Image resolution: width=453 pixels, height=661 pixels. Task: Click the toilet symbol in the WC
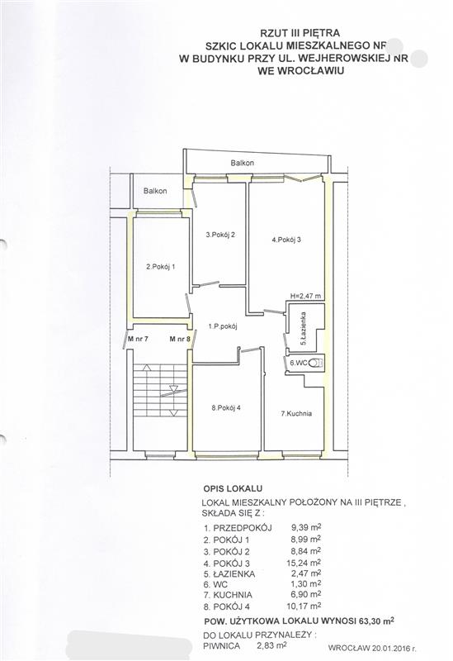tap(316, 363)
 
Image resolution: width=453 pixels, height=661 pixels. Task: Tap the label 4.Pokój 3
tap(286, 240)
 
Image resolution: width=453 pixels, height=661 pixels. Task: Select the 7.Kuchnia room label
tap(296, 414)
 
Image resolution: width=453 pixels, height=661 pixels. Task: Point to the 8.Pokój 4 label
tap(226, 407)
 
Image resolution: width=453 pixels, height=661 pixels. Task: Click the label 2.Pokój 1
tap(160, 266)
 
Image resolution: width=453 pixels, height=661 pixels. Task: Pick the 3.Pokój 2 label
tap(220, 235)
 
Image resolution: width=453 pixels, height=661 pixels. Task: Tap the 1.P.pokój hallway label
tap(223, 326)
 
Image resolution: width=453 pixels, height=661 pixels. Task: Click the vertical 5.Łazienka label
tap(303, 329)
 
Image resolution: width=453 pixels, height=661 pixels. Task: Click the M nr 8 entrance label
tap(180, 338)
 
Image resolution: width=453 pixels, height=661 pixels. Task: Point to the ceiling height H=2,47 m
tap(305, 296)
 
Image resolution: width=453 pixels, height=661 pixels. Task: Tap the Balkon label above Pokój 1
tap(155, 191)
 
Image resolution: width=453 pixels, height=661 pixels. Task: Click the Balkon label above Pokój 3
tap(242, 163)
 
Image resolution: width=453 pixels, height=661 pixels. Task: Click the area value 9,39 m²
tap(306, 527)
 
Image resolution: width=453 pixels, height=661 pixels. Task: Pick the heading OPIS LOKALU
tap(233, 488)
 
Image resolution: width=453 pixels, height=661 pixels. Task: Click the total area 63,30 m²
tap(376, 621)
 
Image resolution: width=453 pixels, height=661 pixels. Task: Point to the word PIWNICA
tap(221, 646)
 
